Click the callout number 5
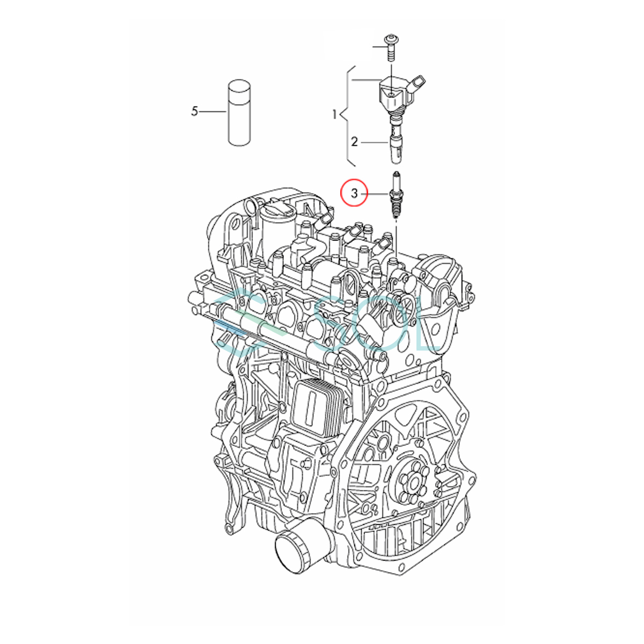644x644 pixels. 194,111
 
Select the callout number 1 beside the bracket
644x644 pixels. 334,115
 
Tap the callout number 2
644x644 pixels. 354,142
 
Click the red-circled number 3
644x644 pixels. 354,193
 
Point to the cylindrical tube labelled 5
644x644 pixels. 239,113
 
